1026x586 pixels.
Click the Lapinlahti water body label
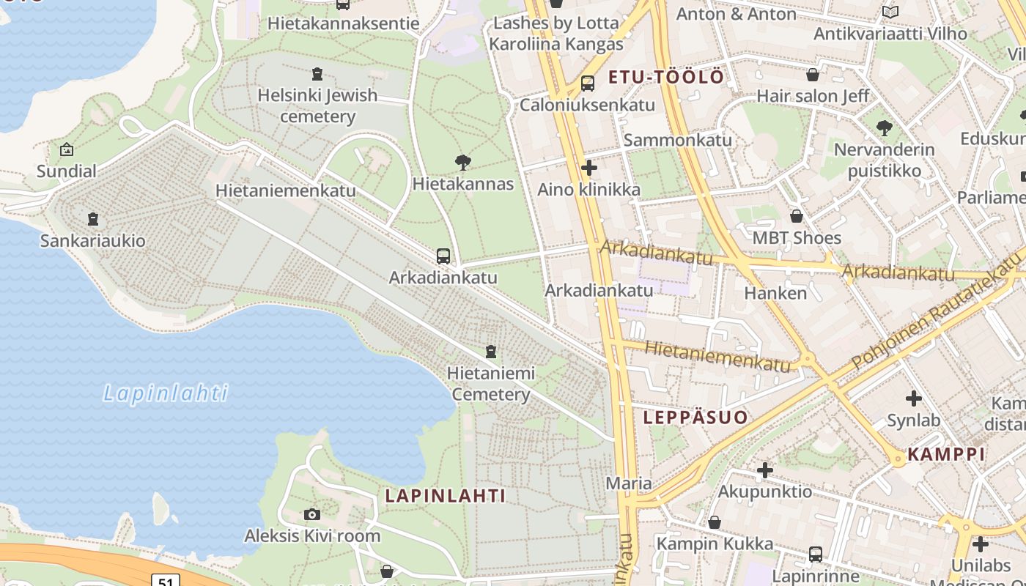tap(166, 394)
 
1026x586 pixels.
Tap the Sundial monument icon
tap(67, 149)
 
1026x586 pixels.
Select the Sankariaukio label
tap(92, 240)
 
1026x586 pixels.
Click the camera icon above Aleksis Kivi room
tap(312, 514)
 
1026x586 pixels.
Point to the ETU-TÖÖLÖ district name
tap(666, 77)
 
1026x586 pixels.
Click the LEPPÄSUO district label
tap(695, 418)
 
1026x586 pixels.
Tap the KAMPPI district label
tap(946, 454)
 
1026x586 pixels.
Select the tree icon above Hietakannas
tap(462, 162)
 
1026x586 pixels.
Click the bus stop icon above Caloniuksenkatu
tap(588, 84)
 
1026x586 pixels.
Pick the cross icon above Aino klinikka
tap(589, 168)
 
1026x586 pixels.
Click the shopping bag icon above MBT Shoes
tap(797, 216)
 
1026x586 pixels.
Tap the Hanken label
tap(775, 293)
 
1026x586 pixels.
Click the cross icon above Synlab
tap(913, 398)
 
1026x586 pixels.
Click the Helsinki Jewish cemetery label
tap(317, 105)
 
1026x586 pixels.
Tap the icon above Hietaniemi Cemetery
tap(491, 352)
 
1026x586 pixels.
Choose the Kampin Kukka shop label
tap(715, 544)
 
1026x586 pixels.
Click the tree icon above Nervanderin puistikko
tap(885, 128)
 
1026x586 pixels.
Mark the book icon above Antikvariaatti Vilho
tap(890, 12)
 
